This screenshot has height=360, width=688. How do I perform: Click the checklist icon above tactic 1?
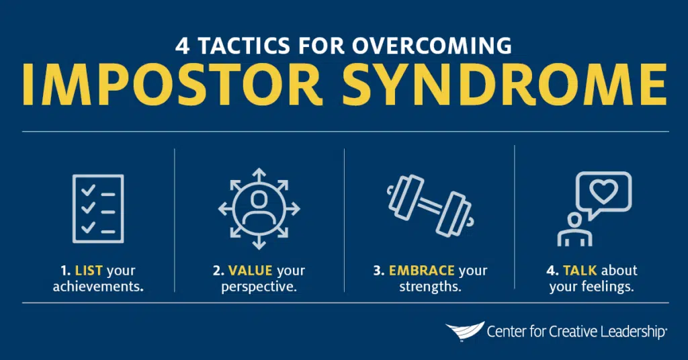pos(97,208)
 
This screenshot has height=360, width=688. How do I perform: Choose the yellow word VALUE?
pos(250,271)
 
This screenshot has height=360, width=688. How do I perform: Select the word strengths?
pos(429,286)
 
